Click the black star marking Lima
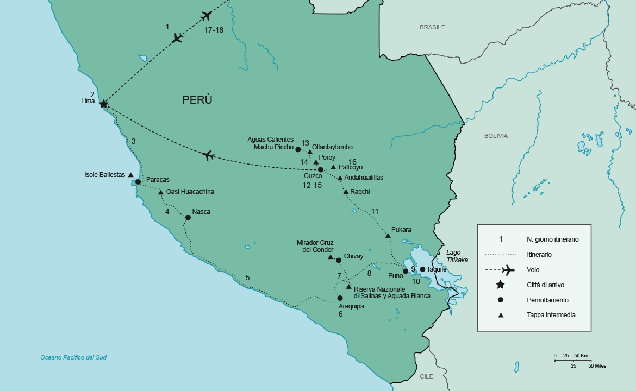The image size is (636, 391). click(x=103, y=104)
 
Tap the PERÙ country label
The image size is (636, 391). click(x=197, y=100)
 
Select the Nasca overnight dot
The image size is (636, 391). click(x=188, y=217)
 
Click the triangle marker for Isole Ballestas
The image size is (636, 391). click(x=130, y=175)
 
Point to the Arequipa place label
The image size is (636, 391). click(x=351, y=306)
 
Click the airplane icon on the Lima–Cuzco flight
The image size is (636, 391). click(x=208, y=156)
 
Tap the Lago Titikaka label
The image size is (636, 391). click(x=457, y=256)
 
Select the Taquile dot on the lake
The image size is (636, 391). click(x=422, y=269)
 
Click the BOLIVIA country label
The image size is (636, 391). click(x=496, y=136)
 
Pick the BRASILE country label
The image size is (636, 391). click(x=432, y=27)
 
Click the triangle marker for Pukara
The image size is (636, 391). click(x=388, y=235)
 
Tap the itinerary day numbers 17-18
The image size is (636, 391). click(x=214, y=30)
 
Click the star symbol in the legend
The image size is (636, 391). click(x=501, y=285)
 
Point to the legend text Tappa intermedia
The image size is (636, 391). click(x=551, y=314)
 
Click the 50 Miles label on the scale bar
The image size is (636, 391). click(x=596, y=366)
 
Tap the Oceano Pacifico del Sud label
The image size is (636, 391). click(x=73, y=357)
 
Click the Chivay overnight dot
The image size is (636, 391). click(x=339, y=260)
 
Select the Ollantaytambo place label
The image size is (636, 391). click(x=332, y=147)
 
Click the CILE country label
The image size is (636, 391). click(x=426, y=376)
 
